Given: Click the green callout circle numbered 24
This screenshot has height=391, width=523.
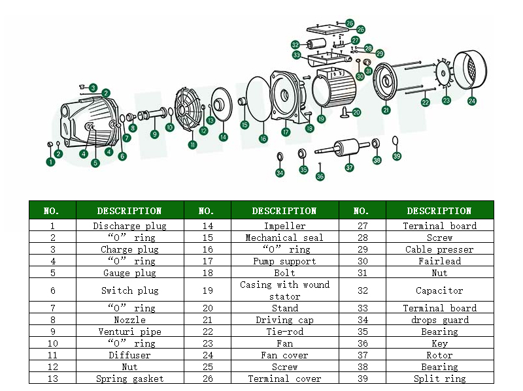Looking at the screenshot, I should [472, 101].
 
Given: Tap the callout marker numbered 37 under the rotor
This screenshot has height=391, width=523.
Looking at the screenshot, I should [350, 167].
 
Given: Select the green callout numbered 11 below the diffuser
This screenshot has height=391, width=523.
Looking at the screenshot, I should [192, 144].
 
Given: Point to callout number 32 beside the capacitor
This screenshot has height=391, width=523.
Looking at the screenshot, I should [295, 45].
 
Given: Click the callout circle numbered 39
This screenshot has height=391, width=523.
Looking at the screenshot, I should [397, 156].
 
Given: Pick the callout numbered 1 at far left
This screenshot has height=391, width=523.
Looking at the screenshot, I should [50, 161].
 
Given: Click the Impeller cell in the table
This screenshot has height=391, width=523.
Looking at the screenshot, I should [284, 226].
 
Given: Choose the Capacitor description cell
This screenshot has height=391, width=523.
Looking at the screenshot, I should [439, 290].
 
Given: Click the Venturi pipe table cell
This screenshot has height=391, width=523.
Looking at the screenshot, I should [129, 332].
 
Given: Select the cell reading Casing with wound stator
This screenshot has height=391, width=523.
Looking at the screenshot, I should [284, 290].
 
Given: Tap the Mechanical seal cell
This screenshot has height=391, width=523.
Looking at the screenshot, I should [284, 238].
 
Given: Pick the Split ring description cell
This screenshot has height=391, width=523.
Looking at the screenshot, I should [439, 379].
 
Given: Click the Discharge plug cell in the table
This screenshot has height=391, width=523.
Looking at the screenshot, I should [129, 226].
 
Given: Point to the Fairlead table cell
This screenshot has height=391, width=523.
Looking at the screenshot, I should [439, 261].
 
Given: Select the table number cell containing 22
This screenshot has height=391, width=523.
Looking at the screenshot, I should [206, 332].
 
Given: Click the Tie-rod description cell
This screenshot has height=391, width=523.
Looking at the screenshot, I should [284, 332].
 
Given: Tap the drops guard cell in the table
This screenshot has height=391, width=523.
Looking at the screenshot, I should [439, 320].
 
